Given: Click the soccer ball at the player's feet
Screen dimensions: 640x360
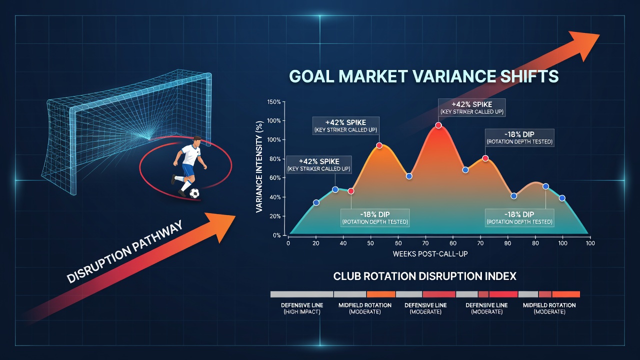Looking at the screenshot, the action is click(x=194, y=193).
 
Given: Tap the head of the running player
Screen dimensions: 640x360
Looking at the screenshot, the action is click(x=196, y=141).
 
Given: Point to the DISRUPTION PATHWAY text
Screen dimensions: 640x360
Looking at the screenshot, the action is click(x=124, y=252).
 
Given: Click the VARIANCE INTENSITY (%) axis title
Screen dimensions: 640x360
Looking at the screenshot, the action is click(x=259, y=167).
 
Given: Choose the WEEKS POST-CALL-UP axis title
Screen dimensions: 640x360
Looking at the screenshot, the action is click(x=430, y=253).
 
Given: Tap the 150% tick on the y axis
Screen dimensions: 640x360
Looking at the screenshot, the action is click(x=274, y=101).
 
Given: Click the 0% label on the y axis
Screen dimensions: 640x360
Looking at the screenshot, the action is click(x=277, y=235).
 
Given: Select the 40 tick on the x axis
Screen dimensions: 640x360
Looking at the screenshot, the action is click(x=343, y=243).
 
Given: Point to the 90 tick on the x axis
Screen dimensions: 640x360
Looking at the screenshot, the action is click(x=507, y=243).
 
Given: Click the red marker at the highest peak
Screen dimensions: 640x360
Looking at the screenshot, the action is click(x=438, y=125).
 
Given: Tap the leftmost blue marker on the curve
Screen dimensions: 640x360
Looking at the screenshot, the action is click(x=316, y=202).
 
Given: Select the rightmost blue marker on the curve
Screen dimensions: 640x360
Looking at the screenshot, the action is click(x=562, y=198).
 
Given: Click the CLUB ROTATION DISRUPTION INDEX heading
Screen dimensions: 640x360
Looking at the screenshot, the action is click(x=425, y=276).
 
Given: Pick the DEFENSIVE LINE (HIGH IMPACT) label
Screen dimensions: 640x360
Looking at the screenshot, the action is click(x=302, y=308).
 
